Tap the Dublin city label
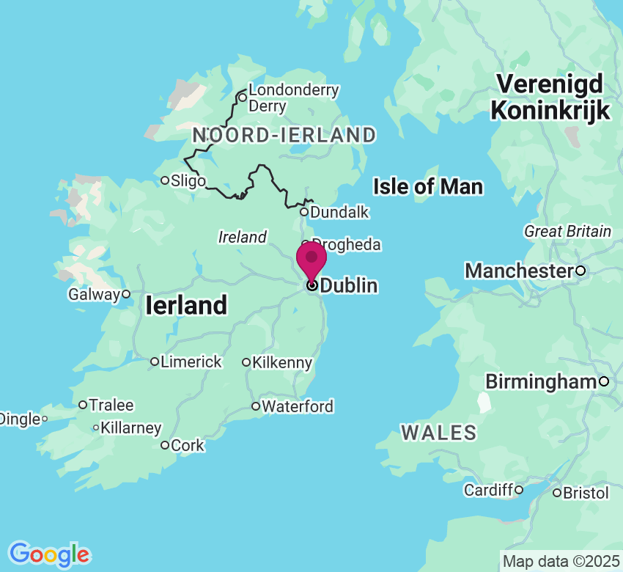coord(349,285)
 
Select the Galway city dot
coord(126,294)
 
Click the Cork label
coord(187,445)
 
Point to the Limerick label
coord(191,362)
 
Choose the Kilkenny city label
coord(281,362)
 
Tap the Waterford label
coord(297,406)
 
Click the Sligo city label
coord(188,180)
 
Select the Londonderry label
coord(294,90)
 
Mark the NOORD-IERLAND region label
coord(284,135)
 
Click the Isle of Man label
coord(428,187)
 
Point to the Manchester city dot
coord(580,271)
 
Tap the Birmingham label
coord(541,381)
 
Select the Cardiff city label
coord(488,490)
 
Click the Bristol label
coord(586,493)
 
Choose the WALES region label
coord(439,433)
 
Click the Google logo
coord(49,554)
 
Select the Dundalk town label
coord(339,212)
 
